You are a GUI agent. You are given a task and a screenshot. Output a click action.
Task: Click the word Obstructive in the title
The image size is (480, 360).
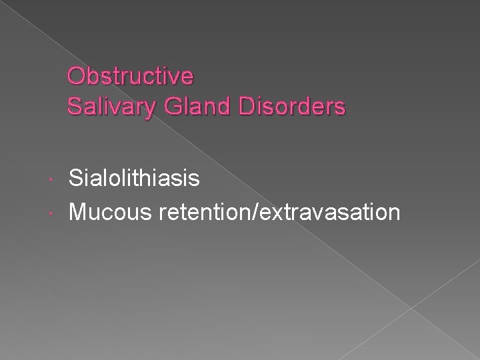click(131, 77)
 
